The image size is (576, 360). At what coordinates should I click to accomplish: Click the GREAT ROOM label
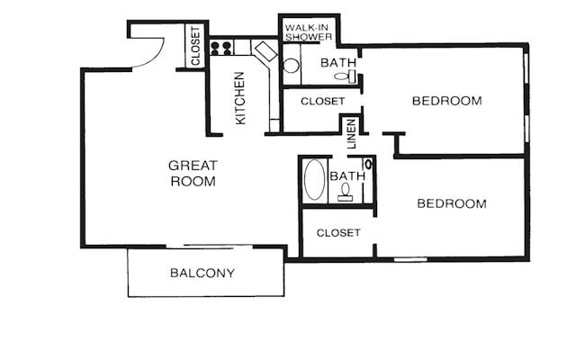click(193, 173)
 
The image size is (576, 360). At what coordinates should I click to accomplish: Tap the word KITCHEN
click(240, 98)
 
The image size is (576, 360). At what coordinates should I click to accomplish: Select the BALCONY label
click(202, 273)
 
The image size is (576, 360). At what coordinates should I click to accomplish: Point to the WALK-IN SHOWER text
click(308, 32)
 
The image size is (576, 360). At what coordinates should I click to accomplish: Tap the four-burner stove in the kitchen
click(221, 49)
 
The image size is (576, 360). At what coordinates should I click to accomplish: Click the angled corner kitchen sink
click(265, 50)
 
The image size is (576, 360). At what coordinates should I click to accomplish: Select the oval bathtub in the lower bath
click(314, 180)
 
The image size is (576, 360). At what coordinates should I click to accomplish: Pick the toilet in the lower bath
click(346, 193)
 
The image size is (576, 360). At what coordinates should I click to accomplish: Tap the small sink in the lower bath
click(368, 165)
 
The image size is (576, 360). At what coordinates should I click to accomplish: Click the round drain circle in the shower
click(291, 66)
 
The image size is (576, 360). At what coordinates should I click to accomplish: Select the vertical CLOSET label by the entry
click(195, 47)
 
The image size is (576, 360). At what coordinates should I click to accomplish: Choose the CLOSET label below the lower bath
click(338, 232)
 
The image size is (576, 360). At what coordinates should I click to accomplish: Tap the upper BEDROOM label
click(446, 101)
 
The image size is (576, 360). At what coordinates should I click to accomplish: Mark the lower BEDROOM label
click(451, 203)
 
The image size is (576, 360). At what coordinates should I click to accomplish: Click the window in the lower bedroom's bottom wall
click(410, 259)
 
